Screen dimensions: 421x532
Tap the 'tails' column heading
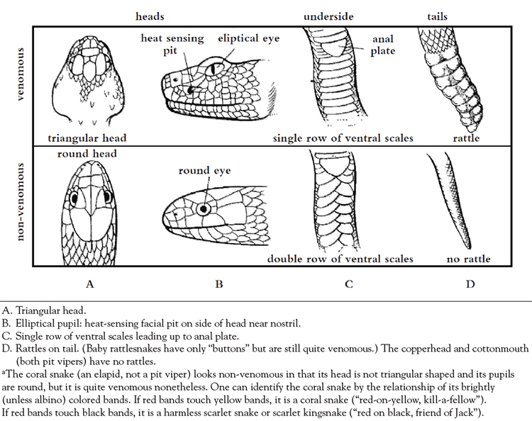pos(438,15)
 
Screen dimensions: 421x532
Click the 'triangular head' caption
pos(88,137)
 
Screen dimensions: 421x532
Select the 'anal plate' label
pos(384,45)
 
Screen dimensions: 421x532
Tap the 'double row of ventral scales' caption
pos(341,259)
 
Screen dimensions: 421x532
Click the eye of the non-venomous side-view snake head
pos(206,209)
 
